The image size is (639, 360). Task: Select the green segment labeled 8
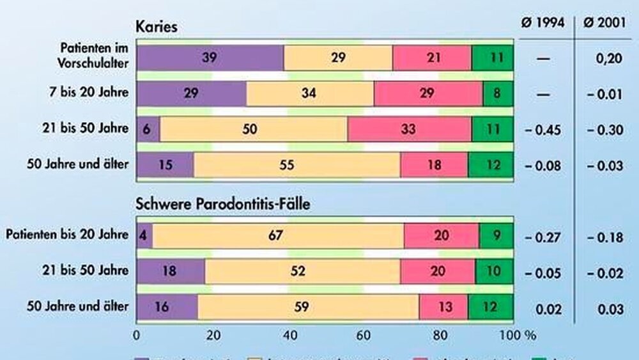(498, 93)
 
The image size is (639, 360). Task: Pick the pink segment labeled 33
(410, 129)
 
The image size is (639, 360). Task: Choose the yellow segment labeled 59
(308, 306)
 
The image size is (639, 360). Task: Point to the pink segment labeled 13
(443, 306)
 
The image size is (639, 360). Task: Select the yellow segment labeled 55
(297, 164)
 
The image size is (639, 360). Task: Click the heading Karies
(156, 27)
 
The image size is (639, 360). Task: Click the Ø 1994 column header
(543, 23)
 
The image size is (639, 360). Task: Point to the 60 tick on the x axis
(364, 334)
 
